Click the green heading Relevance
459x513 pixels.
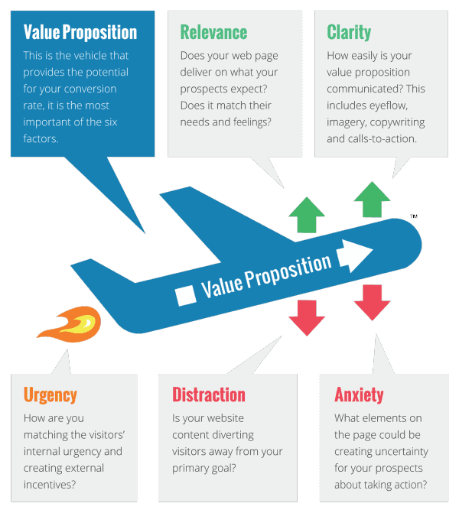(213, 32)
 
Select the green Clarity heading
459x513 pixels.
(349, 32)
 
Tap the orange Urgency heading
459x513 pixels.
(50, 395)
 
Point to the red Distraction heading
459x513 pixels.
(209, 394)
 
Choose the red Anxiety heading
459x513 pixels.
(359, 395)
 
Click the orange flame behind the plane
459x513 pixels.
(70, 324)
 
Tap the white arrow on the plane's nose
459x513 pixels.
(354, 255)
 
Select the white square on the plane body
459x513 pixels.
(185, 295)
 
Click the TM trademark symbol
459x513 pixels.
(414, 216)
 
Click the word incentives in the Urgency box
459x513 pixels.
(50, 485)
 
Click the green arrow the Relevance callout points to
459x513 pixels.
(307, 215)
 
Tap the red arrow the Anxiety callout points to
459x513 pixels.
(373, 302)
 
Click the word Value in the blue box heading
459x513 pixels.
(41, 32)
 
